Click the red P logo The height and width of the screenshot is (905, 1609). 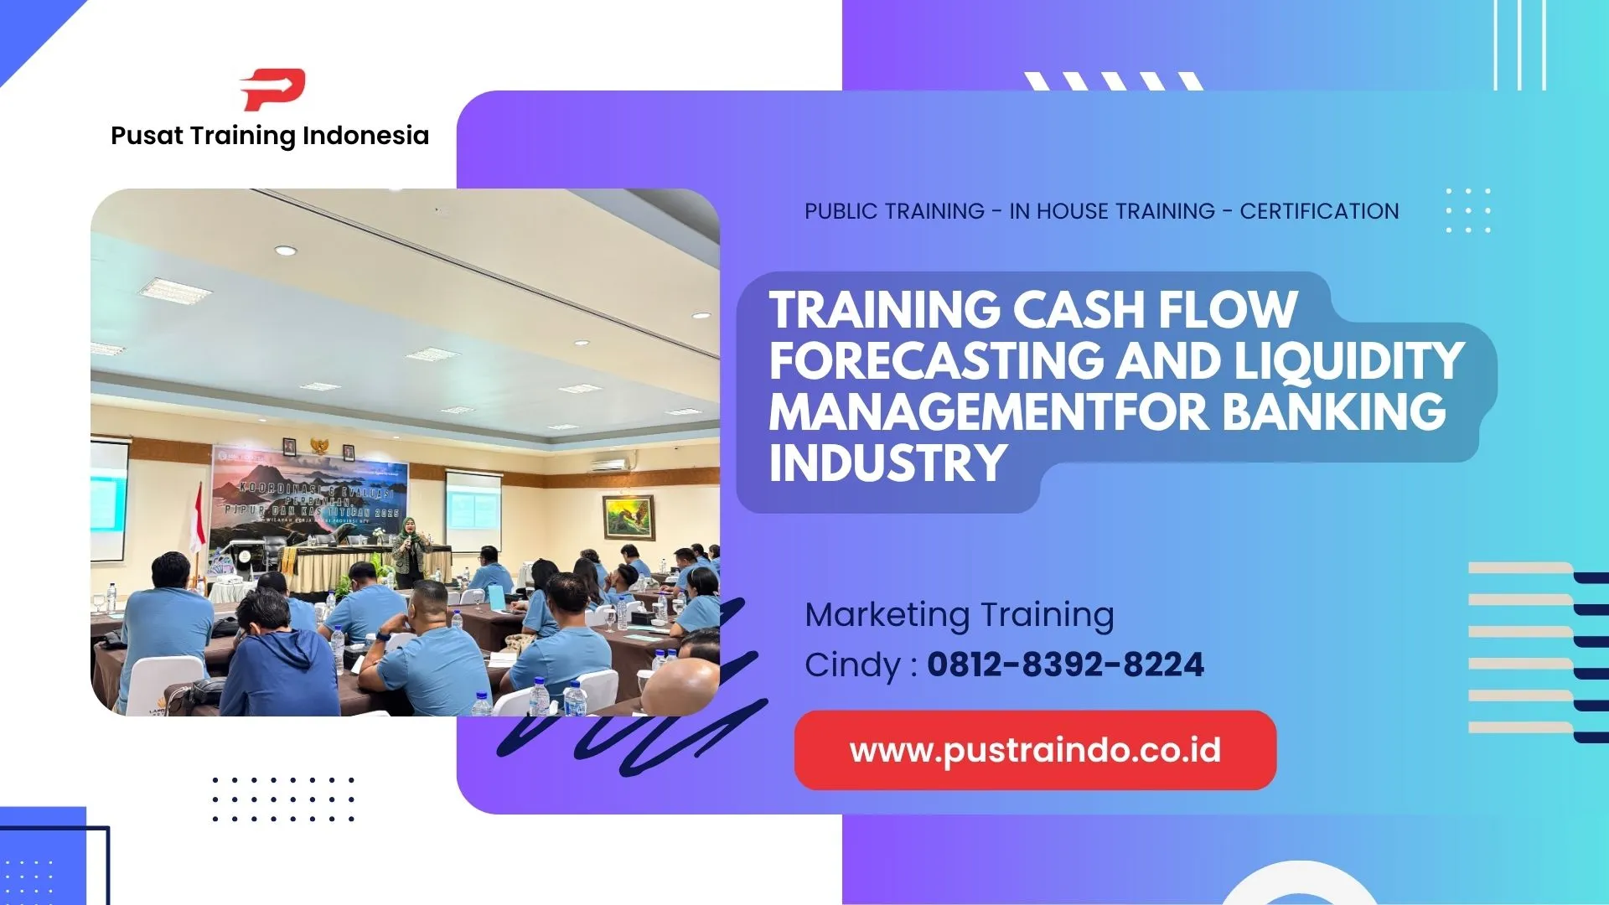[x=273, y=90]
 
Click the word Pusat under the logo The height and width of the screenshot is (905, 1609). [x=147, y=136]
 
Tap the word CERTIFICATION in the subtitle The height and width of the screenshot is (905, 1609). [x=1319, y=211]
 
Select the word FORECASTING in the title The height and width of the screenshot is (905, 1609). [x=937, y=360]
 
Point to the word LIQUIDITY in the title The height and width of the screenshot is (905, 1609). [x=1348, y=360]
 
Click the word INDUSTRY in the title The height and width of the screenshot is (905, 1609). [x=888, y=463]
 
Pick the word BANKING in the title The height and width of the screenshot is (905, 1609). [x=1334, y=411]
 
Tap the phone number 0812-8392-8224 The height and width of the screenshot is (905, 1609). [x=1065, y=665]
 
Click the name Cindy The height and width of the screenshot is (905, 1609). [x=852, y=665]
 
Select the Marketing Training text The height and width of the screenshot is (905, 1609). [x=960, y=615]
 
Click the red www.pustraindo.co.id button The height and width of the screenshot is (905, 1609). [x=1035, y=750]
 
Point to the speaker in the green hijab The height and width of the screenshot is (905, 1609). [x=409, y=549]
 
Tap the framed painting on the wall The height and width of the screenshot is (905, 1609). [x=629, y=517]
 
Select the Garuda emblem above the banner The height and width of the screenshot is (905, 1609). [x=319, y=445]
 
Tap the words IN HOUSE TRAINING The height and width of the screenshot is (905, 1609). [x=1112, y=211]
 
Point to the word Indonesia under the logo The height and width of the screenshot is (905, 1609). [x=365, y=136]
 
